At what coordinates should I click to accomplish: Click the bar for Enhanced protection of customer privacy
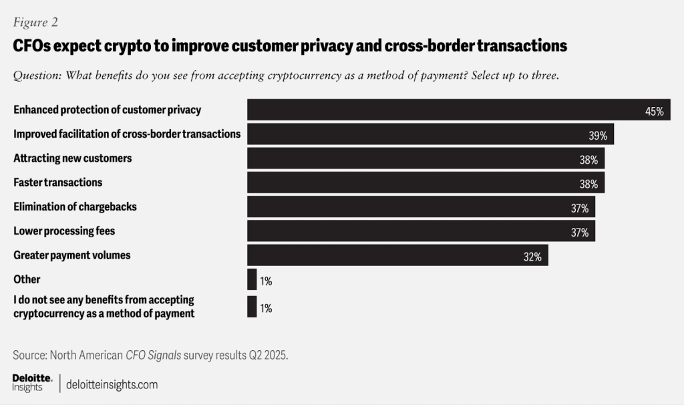click(458, 110)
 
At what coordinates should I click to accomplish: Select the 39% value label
click(598, 136)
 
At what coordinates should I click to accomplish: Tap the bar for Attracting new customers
click(425, 158)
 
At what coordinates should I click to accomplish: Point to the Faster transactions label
click(57, 182)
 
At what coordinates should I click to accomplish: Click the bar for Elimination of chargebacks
click(421, 207)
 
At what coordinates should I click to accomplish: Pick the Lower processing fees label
click(64, 231)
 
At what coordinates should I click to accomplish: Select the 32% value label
click(532, 257)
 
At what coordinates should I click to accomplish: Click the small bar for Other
click(252, 279)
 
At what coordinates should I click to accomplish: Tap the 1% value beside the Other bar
click(266, 281)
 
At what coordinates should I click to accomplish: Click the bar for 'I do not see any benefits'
click(252, 306)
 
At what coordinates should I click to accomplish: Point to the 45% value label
click(655, 112)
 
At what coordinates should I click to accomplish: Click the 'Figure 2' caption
click(35, 22)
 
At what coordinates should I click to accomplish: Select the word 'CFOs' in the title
click(31, 45)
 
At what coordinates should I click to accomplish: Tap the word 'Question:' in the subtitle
click(37, 76)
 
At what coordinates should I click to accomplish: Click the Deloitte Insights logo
click(32, 383)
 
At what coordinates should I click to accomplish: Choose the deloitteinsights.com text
click(112, 384)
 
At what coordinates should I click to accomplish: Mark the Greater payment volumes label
click(72, 255)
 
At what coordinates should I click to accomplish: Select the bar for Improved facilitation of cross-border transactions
click(431, 134)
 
